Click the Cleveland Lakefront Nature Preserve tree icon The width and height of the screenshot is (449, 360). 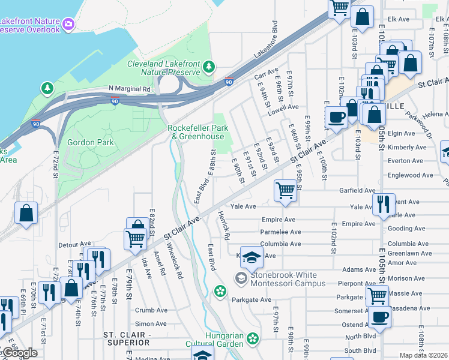coord(208,67)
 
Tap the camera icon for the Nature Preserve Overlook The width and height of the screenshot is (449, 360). coord(68,24)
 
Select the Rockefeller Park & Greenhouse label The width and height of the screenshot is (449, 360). coord(196,132)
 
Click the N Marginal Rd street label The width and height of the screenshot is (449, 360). coord(129,89)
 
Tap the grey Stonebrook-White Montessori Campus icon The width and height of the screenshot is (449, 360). coord(241,277)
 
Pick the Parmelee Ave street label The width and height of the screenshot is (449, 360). coord(281,232)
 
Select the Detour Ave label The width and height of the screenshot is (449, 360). coord(75,245)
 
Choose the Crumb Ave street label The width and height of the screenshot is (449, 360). coord(151,310)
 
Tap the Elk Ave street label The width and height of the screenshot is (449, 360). coord(398,19)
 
